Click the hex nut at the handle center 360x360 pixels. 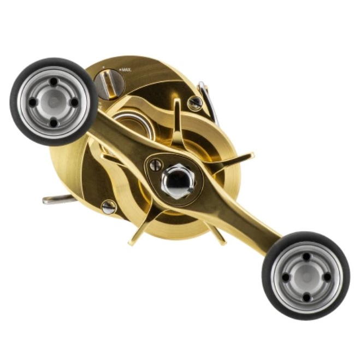[179, 181]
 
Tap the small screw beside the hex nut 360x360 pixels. [156, 165]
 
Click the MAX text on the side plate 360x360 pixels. [125, 69]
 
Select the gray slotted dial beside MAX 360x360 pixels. [109, 84]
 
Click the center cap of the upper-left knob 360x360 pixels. [54, 102]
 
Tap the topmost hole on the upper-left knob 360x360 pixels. [54, 81]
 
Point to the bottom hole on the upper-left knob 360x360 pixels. [54, 123]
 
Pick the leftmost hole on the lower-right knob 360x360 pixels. [285, 278]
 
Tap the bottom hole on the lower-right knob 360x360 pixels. [306, 298]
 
